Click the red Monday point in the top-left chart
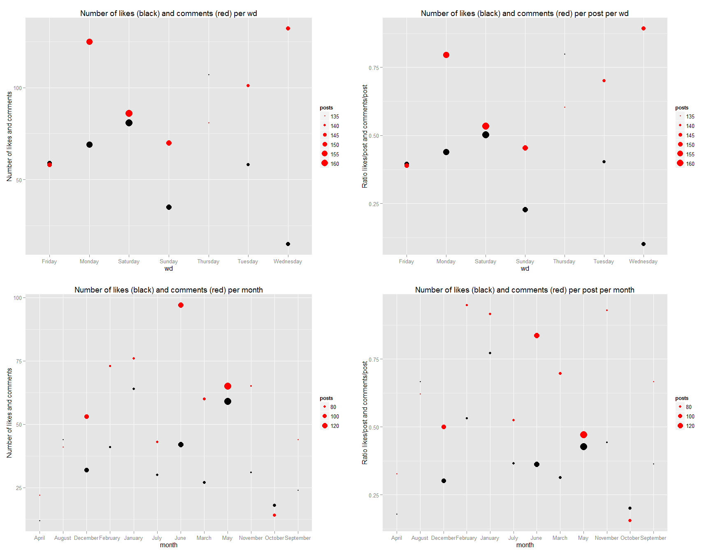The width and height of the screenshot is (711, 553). [89, 42]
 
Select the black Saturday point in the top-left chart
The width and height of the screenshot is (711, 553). [129, 123]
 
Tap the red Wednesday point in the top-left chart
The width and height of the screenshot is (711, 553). [288, 28]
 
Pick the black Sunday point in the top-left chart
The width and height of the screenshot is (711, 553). [169, 207]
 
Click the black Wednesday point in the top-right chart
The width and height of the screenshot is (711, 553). [644, 244]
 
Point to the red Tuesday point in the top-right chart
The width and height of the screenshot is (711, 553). [604, 81]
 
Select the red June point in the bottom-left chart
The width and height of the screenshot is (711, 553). [181, 305]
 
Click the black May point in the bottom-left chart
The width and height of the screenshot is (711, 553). [228, 401]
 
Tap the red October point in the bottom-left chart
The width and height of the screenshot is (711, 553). [274, 515]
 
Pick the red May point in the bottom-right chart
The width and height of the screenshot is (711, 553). [583, 435]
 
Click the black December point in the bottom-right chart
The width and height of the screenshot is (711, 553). [444, 481]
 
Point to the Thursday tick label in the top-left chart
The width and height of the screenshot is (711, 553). [208, 262]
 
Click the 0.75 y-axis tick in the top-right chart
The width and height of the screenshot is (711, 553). [373, 68]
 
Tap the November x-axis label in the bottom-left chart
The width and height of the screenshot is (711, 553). [251, 538]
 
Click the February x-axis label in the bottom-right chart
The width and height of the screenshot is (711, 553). [466, 538]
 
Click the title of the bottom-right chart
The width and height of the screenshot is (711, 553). [525, 290]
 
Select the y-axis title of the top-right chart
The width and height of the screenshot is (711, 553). [365, 136]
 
